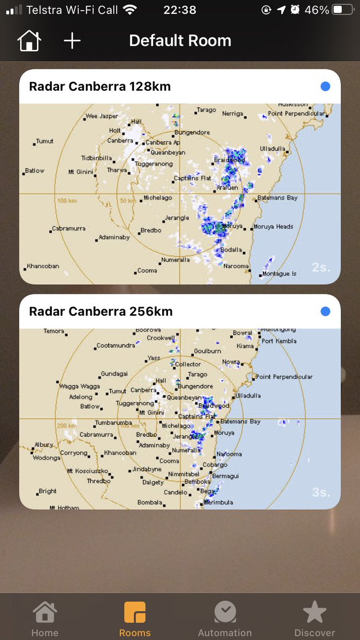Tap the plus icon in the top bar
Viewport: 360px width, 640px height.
72,41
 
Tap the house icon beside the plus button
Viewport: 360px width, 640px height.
29,41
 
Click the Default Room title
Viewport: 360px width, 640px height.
180,41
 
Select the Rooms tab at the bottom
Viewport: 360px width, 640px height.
134,619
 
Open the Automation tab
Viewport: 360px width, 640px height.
225,619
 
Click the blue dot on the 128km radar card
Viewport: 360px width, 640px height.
325,86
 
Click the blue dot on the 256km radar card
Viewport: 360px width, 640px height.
325,311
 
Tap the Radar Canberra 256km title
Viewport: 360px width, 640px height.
101,311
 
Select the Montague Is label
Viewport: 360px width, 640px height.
279,274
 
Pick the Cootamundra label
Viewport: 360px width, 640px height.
115,346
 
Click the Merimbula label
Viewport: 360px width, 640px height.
219,502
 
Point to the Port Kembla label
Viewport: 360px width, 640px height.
279,341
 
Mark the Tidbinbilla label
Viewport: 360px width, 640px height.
97,158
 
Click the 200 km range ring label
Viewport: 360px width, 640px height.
67,426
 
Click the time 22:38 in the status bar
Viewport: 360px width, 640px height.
180,10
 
